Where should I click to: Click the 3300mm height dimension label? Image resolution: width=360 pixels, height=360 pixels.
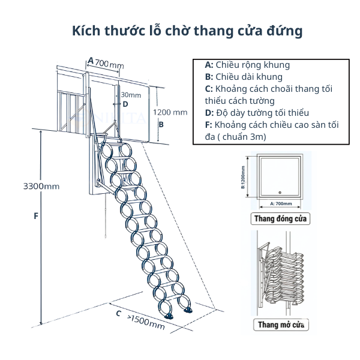coord(41,186)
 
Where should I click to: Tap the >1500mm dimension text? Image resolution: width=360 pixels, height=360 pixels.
coord(146,322)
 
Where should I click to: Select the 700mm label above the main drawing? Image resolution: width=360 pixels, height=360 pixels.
coord(109,64)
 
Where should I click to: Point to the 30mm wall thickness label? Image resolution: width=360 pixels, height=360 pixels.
coord(131,95)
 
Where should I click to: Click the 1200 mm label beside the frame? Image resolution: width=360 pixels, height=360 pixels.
coord(170,112)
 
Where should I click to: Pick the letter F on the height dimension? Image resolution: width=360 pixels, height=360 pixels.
coord(36,216)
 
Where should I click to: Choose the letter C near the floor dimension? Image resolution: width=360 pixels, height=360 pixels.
coord(118,313)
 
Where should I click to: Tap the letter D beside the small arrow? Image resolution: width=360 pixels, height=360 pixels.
coord(125,104)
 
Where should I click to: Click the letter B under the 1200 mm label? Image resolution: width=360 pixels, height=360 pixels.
coord(161,124)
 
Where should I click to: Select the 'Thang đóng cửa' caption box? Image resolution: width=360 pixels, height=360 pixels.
coord(280,219)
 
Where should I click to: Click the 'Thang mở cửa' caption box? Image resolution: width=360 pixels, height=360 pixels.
coord(281,325)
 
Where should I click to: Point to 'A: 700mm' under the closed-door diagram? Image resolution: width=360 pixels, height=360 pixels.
coord(281,203)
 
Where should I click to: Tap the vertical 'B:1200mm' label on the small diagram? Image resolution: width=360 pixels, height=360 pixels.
coord(243,177)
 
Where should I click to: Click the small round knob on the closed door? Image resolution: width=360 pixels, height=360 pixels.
coord(280,193)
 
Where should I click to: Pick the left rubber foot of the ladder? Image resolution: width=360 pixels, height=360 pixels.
coord(169,316)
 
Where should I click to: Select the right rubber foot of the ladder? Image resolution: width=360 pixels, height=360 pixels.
coord(188,311)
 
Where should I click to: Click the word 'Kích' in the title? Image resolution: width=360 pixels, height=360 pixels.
coord(86,31)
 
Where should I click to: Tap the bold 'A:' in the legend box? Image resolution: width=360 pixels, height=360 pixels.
coord(209,65)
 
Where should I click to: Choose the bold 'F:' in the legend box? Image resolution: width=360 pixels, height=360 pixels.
coord(208,125)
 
